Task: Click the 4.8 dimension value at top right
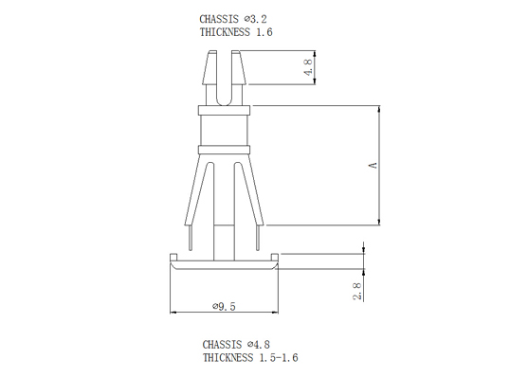click(309, 67)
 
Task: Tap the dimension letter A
click(373, 165)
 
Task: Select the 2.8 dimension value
click(357, 291)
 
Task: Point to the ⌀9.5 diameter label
click(224, 306)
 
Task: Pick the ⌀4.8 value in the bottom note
click(258, 345)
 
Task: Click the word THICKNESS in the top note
click(225, 32)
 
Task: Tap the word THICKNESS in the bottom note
click(228, 357)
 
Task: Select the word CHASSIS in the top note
click(219, 19)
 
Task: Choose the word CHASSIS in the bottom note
click(222, 345)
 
